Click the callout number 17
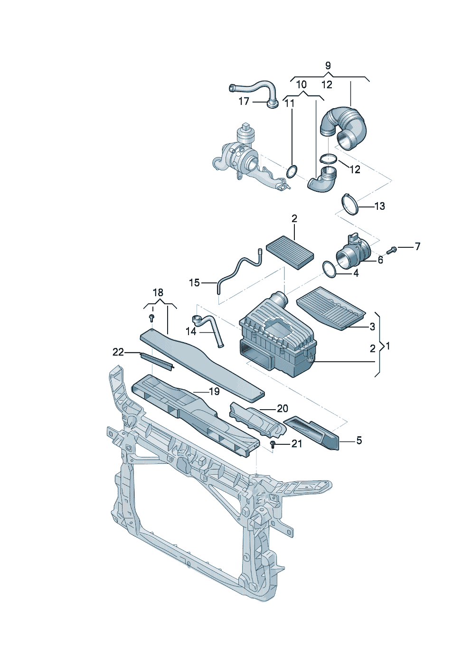pyautogui.click(x=244, y=101)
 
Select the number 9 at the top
pyautogui.click(x=328, y=66)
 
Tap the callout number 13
pyautogui.click(x=379, y=206)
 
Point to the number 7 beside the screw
pyautogui.click(x=417, y=246)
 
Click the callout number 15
pyautogui.click(x=194, y=283)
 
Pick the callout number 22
pyautogui.click(x=118, y=352)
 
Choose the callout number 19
pyautogui.click(x=214, y=392)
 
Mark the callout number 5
pyautogui.click(x=359, y=441)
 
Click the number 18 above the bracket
pyautogui.click(x=158, y=292)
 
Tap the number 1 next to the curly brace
pyautogui.click(x=388, y=346)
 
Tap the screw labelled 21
pyautogui.click(x=273, y=445)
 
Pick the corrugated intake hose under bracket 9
pyautogui.click(x=345, y=127)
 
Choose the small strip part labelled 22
pyautogui.click(x=157, y=360)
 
